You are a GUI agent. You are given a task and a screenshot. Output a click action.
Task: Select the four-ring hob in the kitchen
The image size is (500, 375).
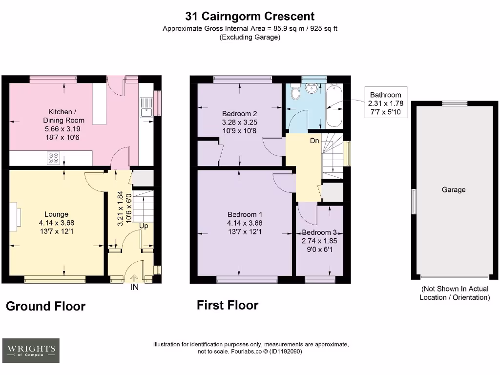tap(53, 158)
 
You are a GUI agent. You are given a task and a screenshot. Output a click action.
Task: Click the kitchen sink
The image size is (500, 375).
tap(146, 107)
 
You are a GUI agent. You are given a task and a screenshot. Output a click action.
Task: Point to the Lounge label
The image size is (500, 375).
tap(56, 214)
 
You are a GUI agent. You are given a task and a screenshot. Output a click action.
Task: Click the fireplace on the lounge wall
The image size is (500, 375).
tap(15, 215)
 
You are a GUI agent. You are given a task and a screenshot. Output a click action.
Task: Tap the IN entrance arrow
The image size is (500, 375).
tap(134, 279)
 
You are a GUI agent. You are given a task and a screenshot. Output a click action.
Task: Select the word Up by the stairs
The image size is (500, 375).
tap(144, 226)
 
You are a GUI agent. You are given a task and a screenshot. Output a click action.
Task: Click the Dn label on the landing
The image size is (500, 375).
tap(315, 141)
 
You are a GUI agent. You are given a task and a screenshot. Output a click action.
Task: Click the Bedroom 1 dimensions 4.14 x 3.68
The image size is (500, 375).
tap(245, 223)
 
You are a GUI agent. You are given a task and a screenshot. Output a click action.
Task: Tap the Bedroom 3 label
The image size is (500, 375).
tap(319, 232)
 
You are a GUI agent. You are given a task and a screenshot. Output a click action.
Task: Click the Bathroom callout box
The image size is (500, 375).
tap(385, 103)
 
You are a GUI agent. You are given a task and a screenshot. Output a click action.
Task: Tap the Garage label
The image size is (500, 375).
tap(454, 189)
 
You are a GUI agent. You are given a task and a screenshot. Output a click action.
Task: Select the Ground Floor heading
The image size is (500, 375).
tap(45, 306)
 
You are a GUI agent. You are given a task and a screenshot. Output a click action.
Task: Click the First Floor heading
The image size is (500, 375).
tap(227, 305)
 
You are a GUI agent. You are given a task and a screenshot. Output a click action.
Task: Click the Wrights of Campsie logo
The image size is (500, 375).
tap(31, 350)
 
